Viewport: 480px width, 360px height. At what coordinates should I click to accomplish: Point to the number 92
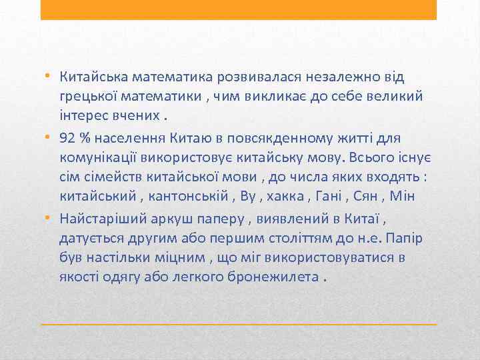[x=67, y=138]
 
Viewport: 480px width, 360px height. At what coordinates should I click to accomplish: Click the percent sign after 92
[x=85, y=138]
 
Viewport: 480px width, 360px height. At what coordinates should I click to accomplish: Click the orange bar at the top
[x=239, y=9]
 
